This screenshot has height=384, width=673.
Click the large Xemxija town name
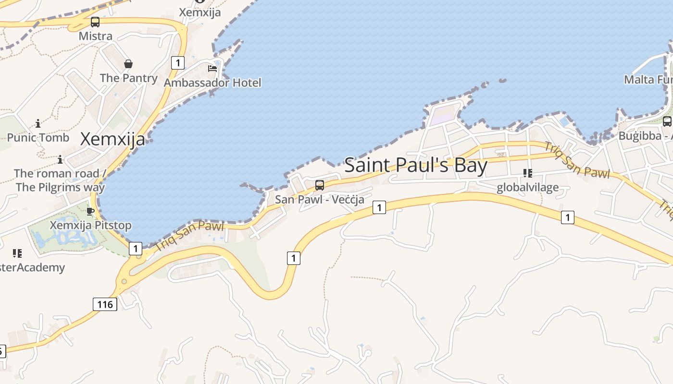[x=112, y=139]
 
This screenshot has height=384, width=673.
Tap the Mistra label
[x=96, y=36]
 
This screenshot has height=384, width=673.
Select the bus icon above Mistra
[x=95, y=22]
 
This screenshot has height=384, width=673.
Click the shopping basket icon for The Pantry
[x=128, y=64]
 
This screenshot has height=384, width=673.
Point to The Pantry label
[x=128, y=78]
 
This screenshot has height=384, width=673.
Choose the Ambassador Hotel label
[x=212, y=83]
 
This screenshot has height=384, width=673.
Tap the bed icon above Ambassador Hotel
[x=212, y=69]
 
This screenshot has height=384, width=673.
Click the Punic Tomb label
[x=38, y=137]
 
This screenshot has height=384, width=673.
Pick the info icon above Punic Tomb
[x=38, y=124]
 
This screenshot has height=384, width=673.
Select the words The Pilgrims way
[x=60, y=187]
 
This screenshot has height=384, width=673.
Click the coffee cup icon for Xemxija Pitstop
[x=90, y=211]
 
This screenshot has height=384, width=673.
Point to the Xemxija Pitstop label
[x=90, y=225]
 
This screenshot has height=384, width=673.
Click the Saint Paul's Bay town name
[x=416, y=165]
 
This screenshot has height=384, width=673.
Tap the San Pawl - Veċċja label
[x=319, y=199]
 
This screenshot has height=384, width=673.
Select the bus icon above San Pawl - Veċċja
[x=319, y=185]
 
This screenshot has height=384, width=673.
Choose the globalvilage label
[x=527, y=187]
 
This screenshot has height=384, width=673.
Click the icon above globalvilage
[x=527, y=173]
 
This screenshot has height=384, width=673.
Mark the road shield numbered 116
[x=105, y=304]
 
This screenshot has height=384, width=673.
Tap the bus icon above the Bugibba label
[x=667, y=121]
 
